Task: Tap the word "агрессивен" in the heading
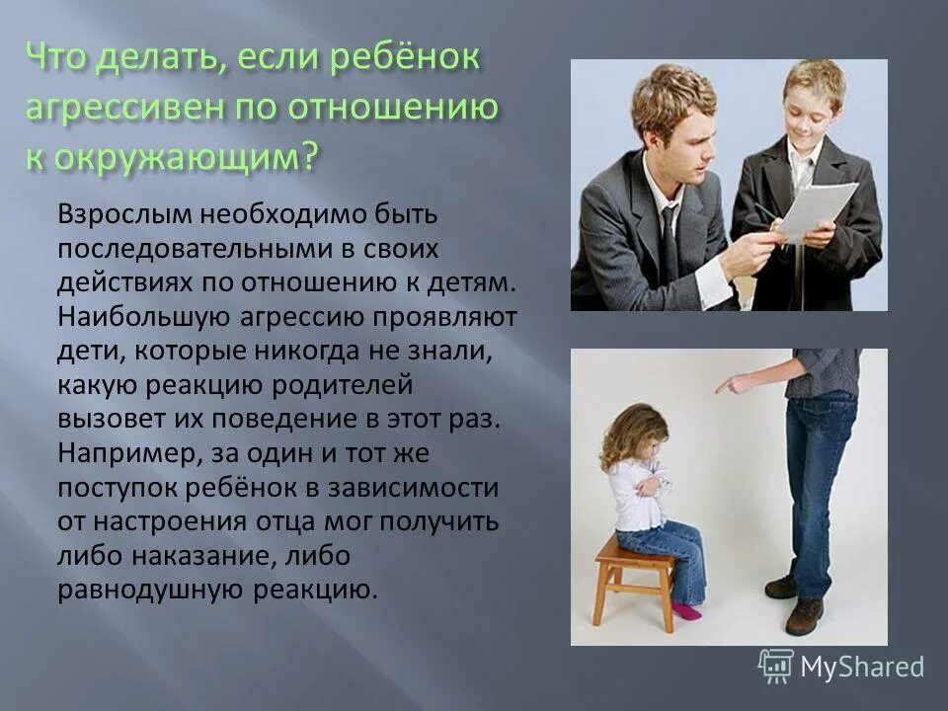(118, 107)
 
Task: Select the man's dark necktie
(670, 242)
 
